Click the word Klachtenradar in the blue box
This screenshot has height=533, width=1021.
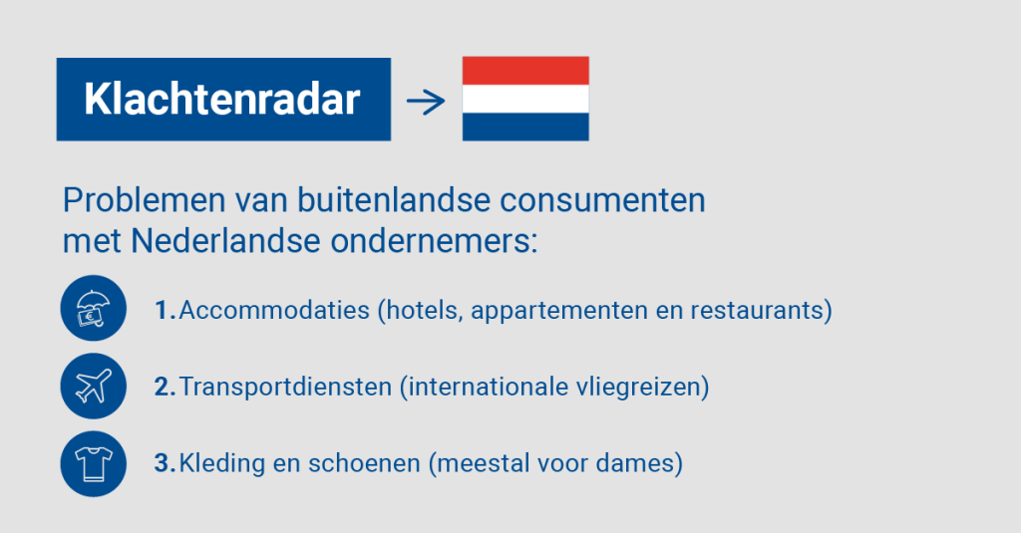[x=222, y=100]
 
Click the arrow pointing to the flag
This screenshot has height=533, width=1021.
[x=426, y=101]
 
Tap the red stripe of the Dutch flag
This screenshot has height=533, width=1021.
[x=525, y=71]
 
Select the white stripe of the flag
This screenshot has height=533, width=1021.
[x=525, y=99]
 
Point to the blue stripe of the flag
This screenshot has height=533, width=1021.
[x=525, y=127]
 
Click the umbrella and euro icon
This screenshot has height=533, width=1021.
[x=93, y=309]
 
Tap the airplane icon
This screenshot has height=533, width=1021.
[x=93, y=386]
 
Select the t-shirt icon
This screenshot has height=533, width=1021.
[x=93, y=463]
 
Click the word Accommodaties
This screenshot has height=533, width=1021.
[x=274, y=310]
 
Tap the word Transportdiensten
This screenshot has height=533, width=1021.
[x=285, y=387]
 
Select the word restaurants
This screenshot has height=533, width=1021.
[x=758, y=310]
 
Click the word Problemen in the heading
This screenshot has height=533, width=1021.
[x=144, y=200]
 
